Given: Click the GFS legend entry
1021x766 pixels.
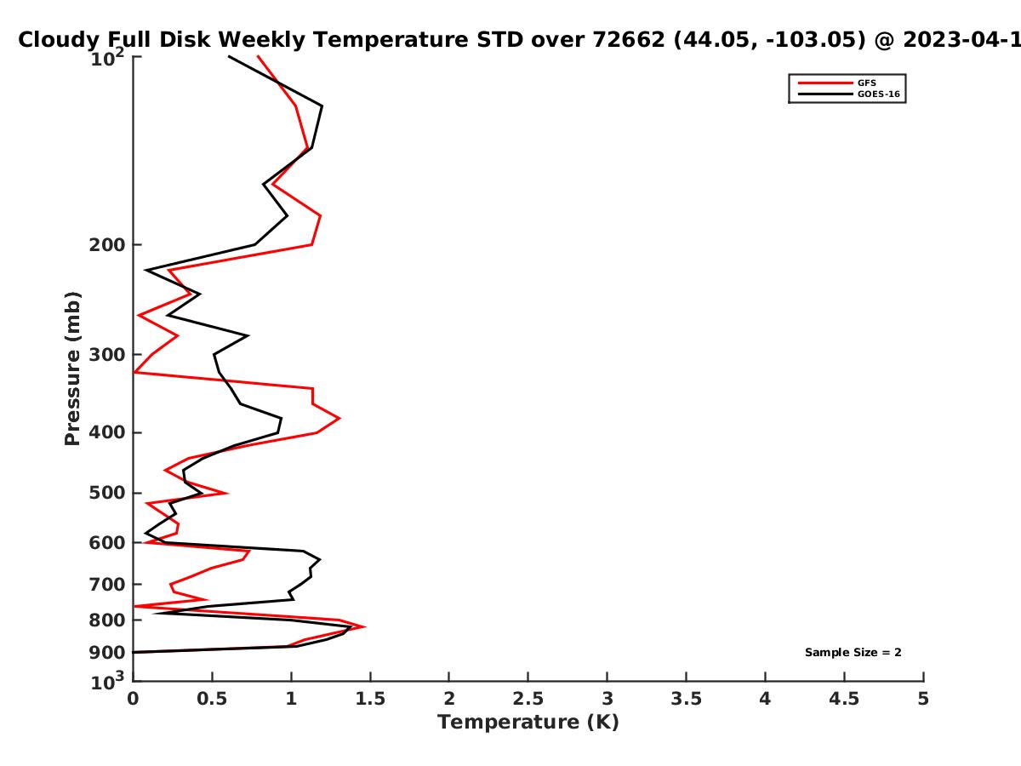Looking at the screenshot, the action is pos(866,83).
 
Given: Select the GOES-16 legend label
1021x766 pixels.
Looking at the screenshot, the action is pos(879,94).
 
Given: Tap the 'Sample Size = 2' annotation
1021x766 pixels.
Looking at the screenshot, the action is pos(853,653).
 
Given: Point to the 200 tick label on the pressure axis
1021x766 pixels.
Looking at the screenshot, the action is pos(107,244).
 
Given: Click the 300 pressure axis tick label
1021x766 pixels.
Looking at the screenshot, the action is pos(107,355).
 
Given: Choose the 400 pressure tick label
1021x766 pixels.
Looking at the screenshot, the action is pos(107,432).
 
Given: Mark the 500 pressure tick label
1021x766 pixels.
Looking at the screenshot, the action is pos(107,493).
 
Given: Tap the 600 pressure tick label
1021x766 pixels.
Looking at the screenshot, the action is pos(107,543).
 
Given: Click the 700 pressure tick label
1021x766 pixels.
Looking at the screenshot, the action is pos(107,584).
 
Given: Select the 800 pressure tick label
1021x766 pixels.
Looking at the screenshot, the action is pos(107,620).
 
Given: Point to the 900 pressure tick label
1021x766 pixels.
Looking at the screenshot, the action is pos(107,653).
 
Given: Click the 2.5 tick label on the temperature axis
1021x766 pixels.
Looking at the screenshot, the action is pos(528,699).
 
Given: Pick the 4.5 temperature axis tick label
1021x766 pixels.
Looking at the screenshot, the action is pos(844,699).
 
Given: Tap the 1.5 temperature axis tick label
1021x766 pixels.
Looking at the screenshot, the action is pos(370,699).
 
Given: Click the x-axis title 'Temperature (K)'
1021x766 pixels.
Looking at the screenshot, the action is pos(528,723).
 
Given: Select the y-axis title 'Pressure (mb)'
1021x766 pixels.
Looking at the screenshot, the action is pos(72,369).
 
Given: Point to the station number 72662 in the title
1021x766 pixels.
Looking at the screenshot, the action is pos(629,39).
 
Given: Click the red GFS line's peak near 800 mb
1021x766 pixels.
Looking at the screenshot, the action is pos(365,627).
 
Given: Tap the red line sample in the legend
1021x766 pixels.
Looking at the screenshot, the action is pos(825,83).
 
